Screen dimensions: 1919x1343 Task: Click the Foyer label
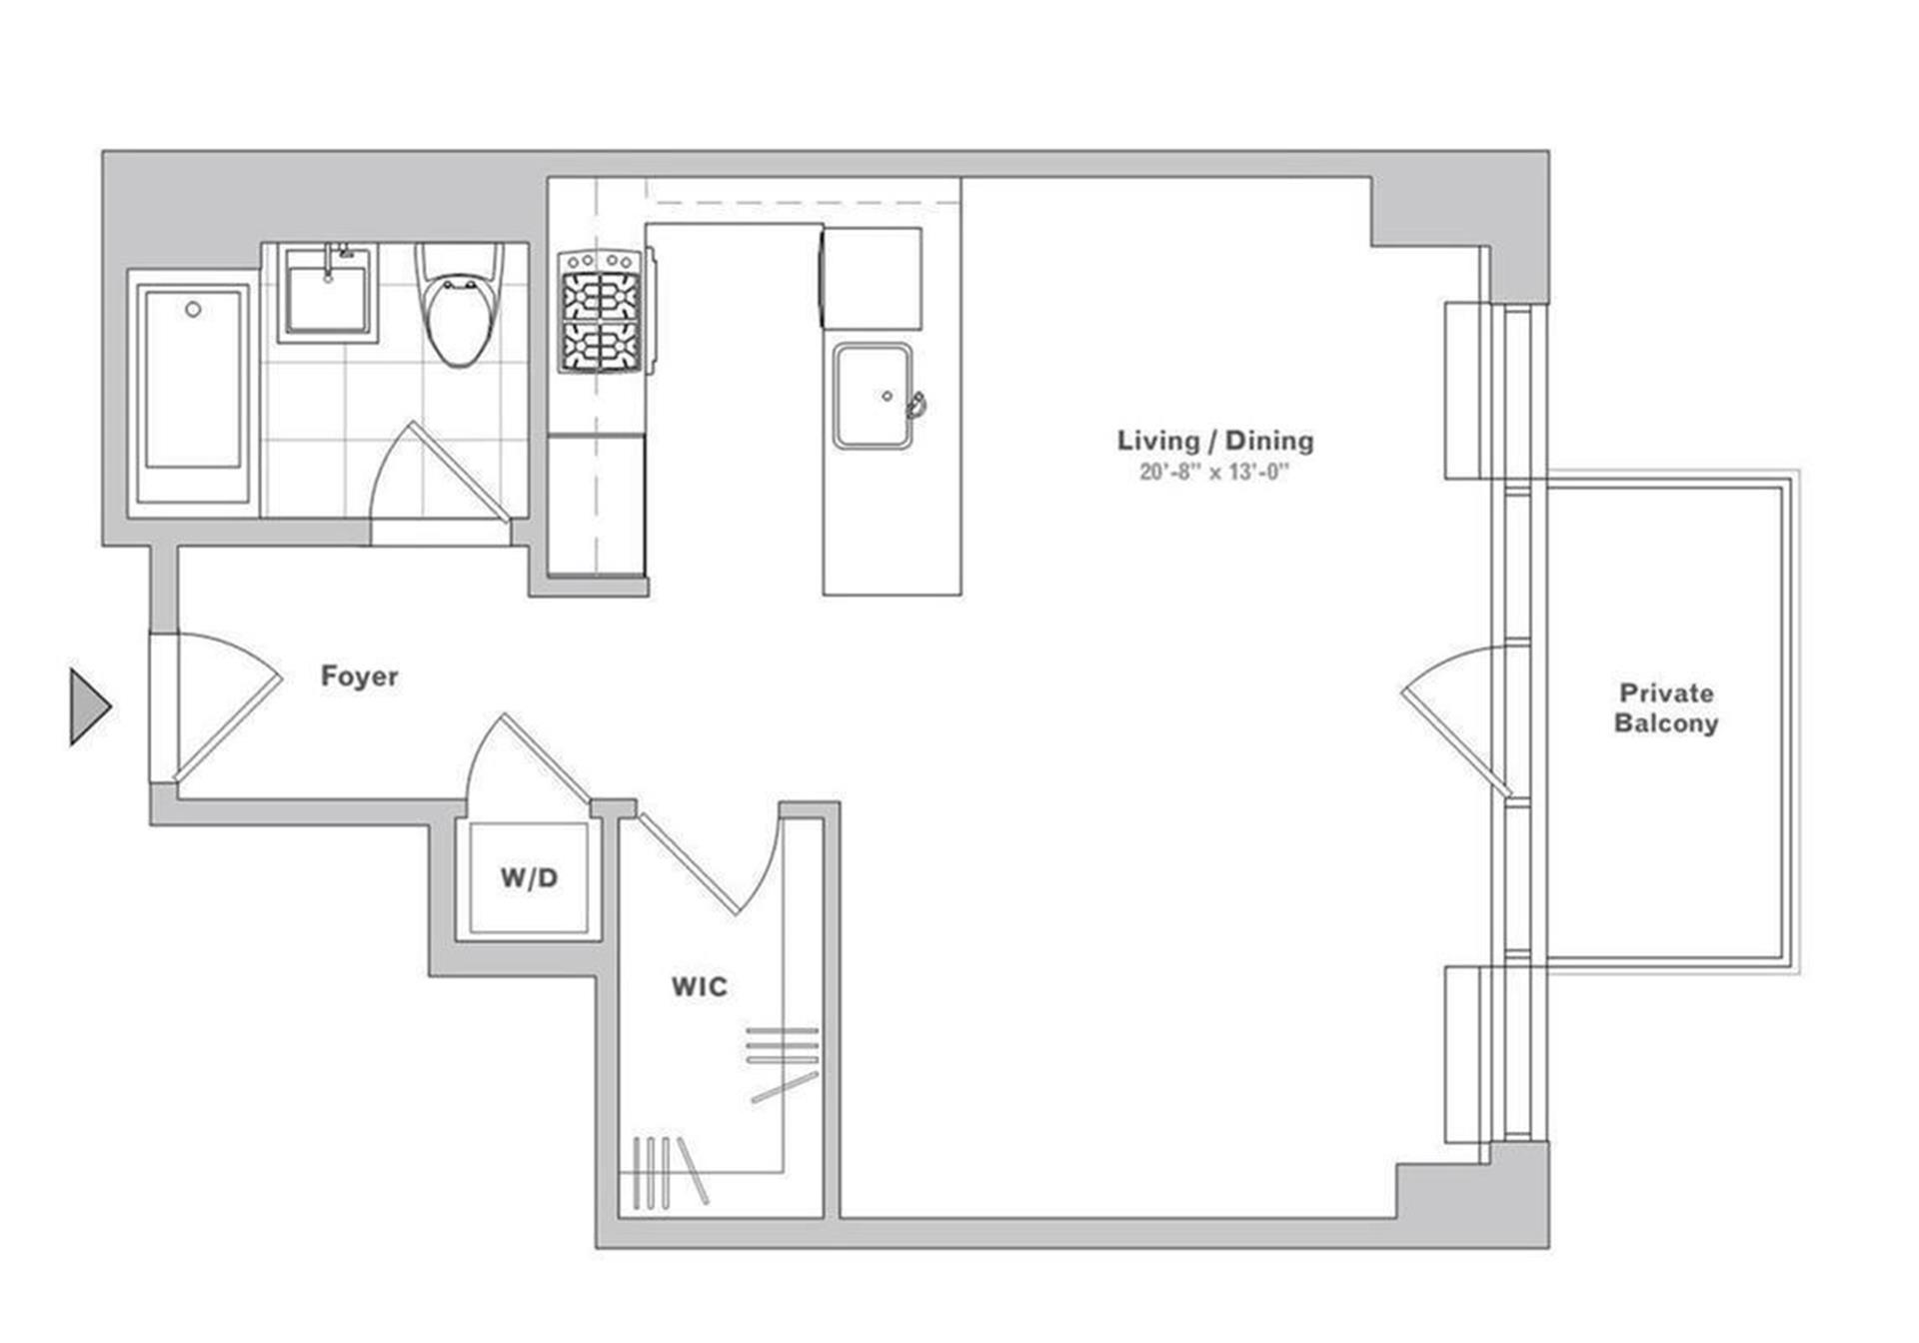pos(359,676)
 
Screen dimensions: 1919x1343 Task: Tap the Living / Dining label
pos(1215,441)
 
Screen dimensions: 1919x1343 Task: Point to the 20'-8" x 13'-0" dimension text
pos(1214,472)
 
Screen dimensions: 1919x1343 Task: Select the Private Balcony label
pos(1666,707)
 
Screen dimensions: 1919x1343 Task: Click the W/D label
pos(530,878)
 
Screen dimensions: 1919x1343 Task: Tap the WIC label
pos(700,987)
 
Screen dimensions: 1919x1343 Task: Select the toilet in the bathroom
pos(460,305)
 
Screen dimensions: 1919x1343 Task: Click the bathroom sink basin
pos(328,291)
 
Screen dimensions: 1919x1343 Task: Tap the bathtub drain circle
pos(193,310)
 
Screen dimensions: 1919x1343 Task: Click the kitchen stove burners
pos(601,311)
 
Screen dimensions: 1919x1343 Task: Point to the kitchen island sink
pos(873,396)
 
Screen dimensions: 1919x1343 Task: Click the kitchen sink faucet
pos(916,406)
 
